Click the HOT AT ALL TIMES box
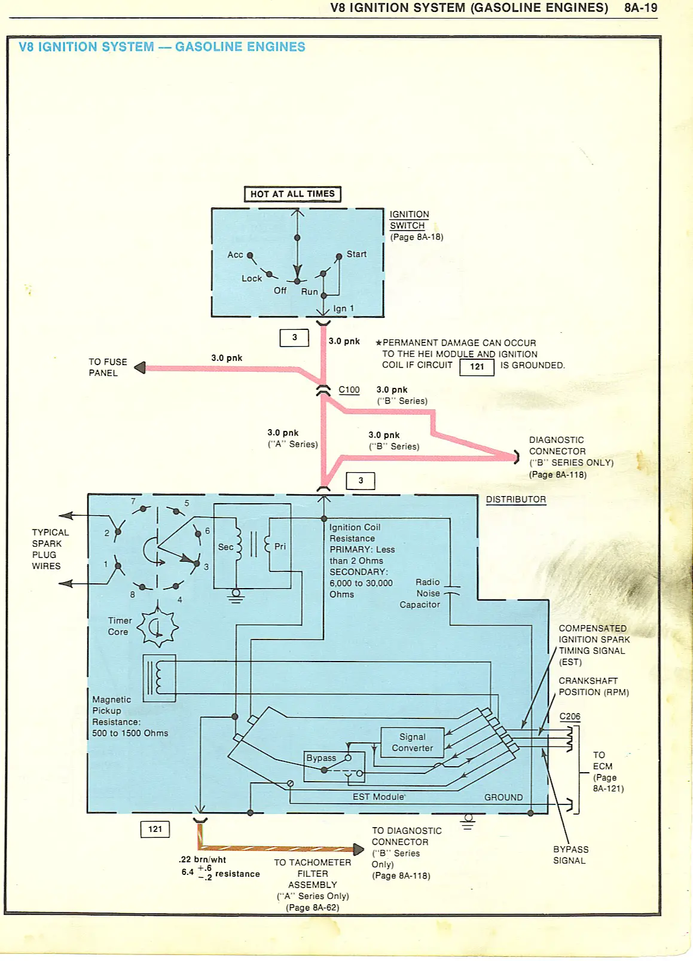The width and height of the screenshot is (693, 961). (x=292, y=194)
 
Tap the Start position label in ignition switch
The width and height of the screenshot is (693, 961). (x=356, y=254)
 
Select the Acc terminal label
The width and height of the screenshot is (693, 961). (x=235, y=255)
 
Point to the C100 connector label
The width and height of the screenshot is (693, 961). (x=349, y=390)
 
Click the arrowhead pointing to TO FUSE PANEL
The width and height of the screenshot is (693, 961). (x=140, y=368)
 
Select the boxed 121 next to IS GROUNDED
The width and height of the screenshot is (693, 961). (x=477, y=366)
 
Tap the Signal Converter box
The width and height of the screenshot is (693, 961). (x=413, y=742)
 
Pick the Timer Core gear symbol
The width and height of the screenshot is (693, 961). (x=158, y=628)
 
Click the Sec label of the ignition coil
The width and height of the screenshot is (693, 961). (x=225, y=547)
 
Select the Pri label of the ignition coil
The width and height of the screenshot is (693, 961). (x=280, y=546)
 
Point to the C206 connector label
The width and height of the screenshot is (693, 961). (x=569, y=716)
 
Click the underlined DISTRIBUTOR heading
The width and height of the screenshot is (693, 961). (x=515, y=499)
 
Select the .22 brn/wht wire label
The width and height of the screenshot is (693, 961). (x=202, y=859)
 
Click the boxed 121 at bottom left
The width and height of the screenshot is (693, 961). (x=155, y=829)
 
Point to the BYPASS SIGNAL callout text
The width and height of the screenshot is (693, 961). (x=570, y=855)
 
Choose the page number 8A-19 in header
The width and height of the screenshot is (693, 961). (x=640, y=8)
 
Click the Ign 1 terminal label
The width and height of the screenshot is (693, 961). (x=343, y=308)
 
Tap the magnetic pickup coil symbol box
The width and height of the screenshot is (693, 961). (x=159, y=678)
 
